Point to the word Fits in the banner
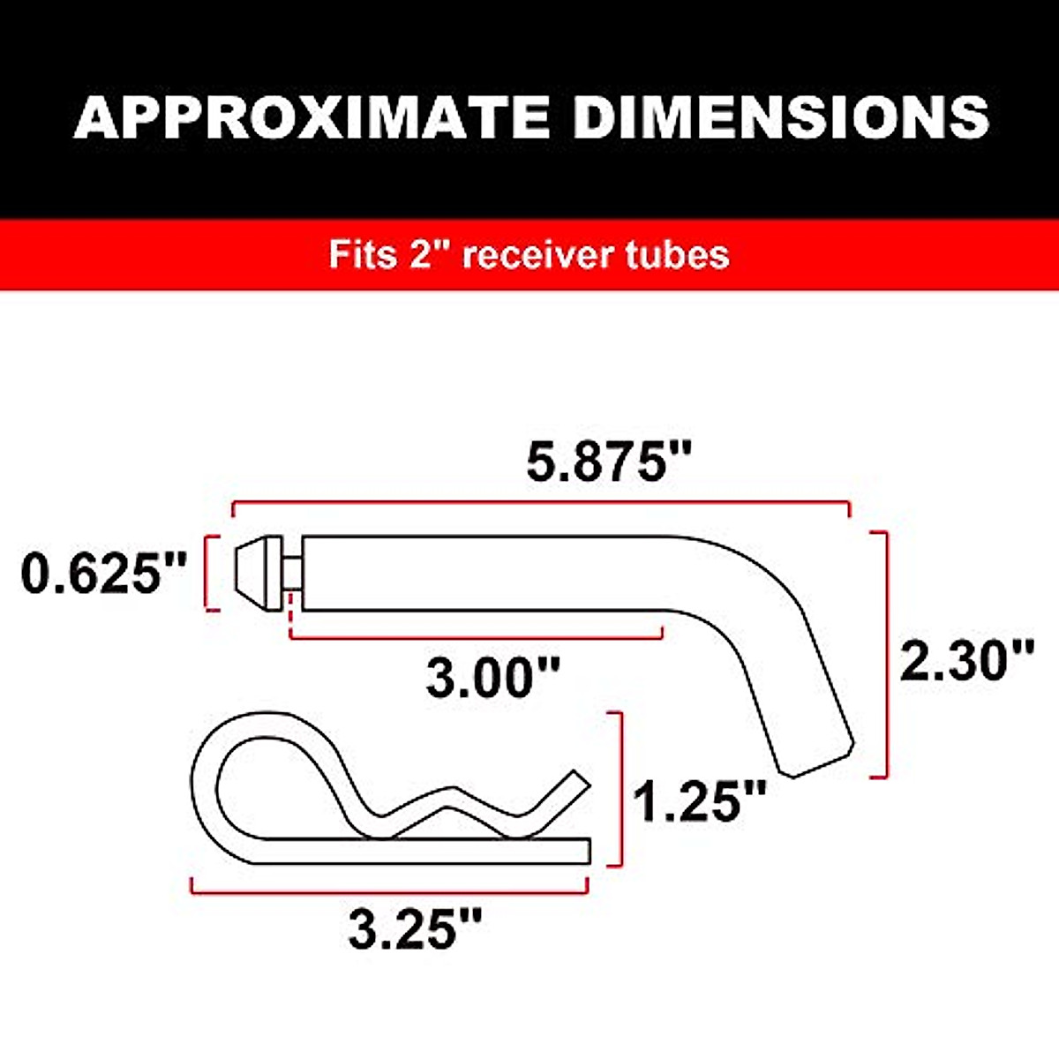click(362, 255)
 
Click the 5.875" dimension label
click(609, 462)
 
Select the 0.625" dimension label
click(104, 574)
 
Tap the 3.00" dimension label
click(493, 678)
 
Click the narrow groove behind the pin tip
click(291, 573)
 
